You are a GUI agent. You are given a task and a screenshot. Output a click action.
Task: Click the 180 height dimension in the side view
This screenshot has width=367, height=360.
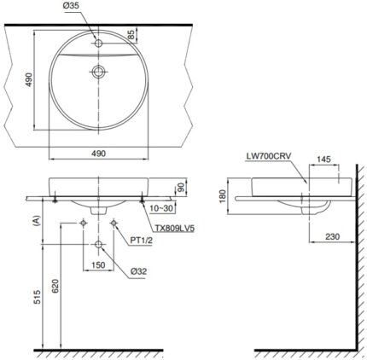click(224, 196)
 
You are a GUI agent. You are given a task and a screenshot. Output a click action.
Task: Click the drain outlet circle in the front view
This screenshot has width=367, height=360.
click(98, 246)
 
